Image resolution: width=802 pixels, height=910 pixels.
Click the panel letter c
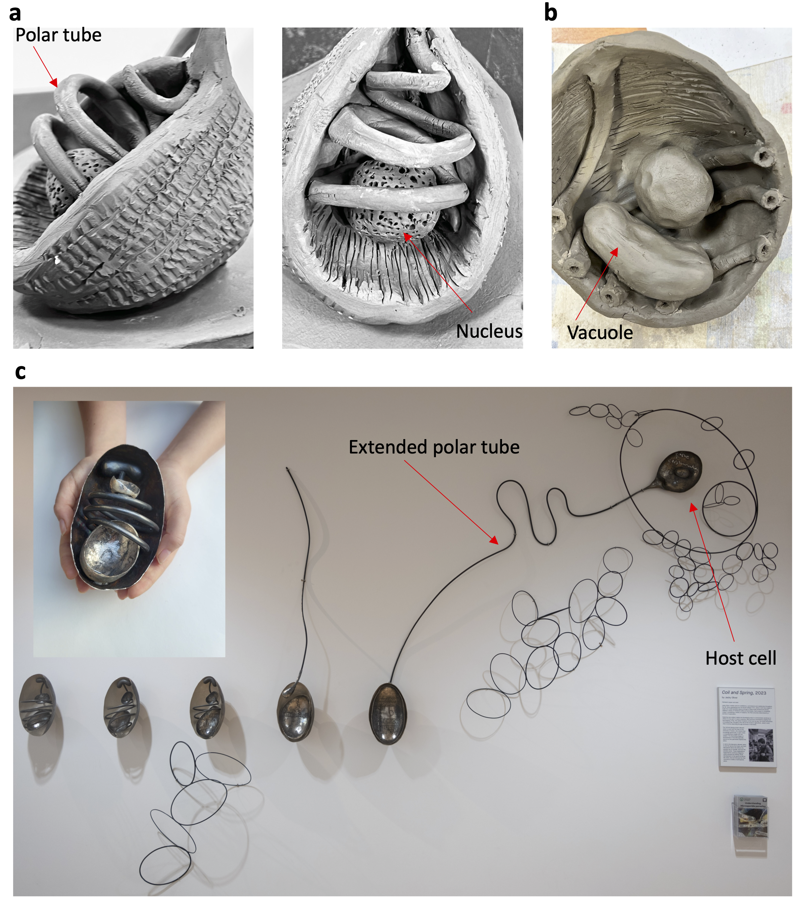[x=20, y=371]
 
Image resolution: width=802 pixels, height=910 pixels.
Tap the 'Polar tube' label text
[x=58, y=35]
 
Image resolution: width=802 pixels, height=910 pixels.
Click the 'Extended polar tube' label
[x=434, y=447]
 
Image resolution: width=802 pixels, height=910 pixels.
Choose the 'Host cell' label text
[x=740, y=658]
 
